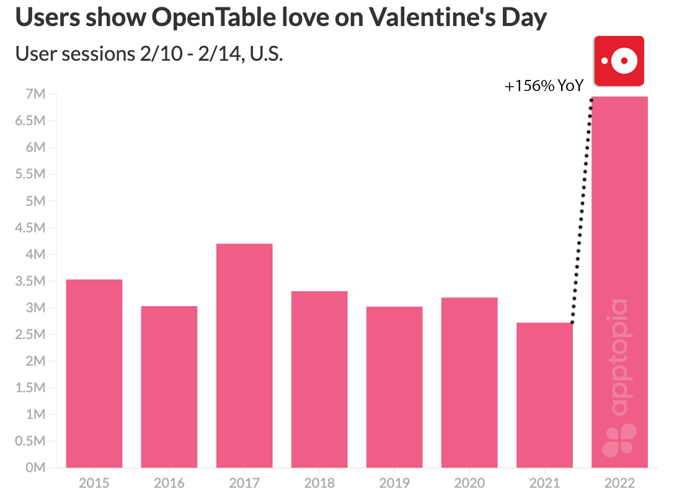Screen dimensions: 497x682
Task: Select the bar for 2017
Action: coord(244,356)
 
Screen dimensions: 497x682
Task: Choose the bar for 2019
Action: coord(394,387)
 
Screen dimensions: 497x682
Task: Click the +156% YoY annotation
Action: coord(544,86)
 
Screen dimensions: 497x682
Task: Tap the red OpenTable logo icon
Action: coord(619,61)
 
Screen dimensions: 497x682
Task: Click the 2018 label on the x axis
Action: coord(319,483)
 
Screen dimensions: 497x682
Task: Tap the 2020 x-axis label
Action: coord(469,483)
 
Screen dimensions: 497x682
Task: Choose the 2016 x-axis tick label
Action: coord(169,483)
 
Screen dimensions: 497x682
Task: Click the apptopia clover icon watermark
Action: coord(619,440)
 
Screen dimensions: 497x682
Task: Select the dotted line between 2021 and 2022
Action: coord(582,211)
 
